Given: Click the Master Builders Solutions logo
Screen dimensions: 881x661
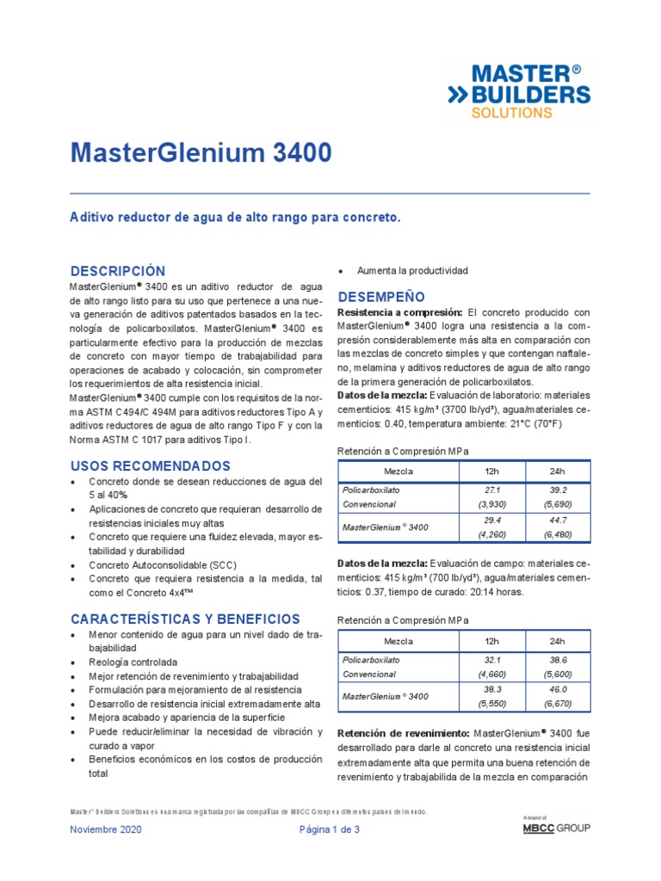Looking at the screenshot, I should pyautogui.click(x=519, y=90).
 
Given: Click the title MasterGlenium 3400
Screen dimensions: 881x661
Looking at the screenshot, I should pyautogui.click(x=201, y=152).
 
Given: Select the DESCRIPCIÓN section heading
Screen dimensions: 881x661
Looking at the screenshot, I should pyautogui.click(x=117, y=271).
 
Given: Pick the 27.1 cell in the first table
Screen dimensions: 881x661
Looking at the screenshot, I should pyautogui.click(x=492, y=490).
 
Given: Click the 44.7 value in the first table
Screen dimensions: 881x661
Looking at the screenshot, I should pyautogui.click(x=558, y=520).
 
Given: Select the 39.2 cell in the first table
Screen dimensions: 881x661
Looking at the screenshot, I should pyautogui.click(x=558, y=490).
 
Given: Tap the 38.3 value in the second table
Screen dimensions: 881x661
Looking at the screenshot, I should pyautogui.click(x=492, y=689).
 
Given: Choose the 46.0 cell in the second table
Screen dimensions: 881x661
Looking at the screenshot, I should pyautogui.click(x=558, y=689).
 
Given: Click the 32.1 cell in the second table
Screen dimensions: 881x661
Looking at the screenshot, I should pyautogui.click(x=492, y=659).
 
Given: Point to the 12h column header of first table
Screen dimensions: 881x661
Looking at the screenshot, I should pyautogui.click(x=492, y=471).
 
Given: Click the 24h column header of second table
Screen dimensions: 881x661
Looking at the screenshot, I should pyautogui.click(x=558, y=641).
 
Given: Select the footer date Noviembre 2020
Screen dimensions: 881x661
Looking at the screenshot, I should pyautogui.click(x=105, y=830).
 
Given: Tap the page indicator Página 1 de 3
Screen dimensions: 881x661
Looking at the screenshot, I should pyautogui.click(x=330, y=830).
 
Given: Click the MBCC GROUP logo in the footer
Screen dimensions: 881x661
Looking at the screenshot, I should pyautogui.click(x=556, y=828).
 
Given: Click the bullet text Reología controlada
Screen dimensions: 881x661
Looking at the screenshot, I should pyautogui.click(x=133, y=662).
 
